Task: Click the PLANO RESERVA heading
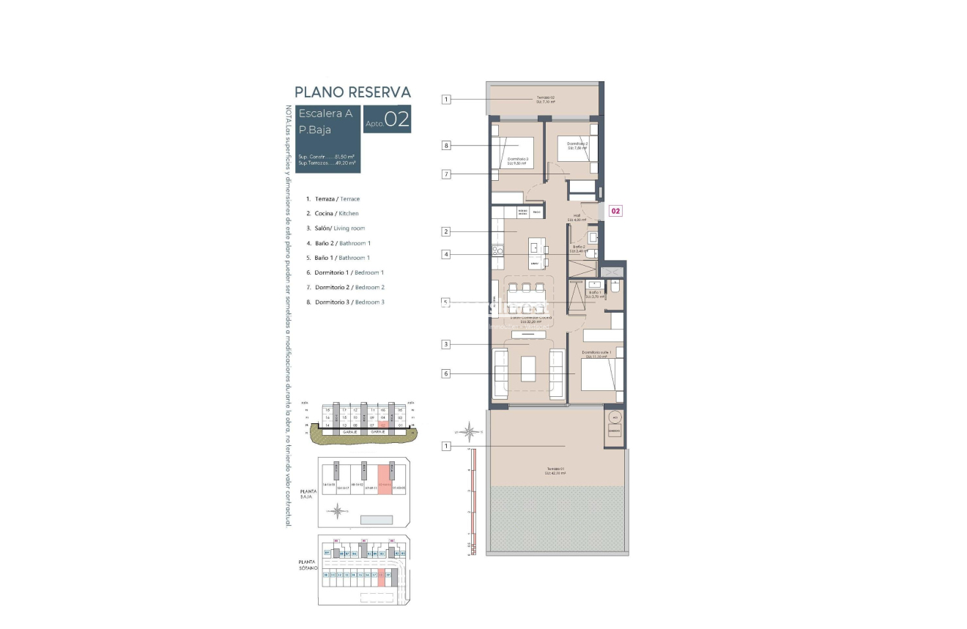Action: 352,92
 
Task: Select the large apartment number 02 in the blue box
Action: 397,120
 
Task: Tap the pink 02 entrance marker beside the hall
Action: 615,211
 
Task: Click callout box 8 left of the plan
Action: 445,145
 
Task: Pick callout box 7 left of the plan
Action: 445,174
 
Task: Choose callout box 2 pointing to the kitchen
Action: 445,232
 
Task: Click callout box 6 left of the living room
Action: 445,373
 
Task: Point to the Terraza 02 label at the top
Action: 545,100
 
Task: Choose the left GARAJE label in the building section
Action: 349,432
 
